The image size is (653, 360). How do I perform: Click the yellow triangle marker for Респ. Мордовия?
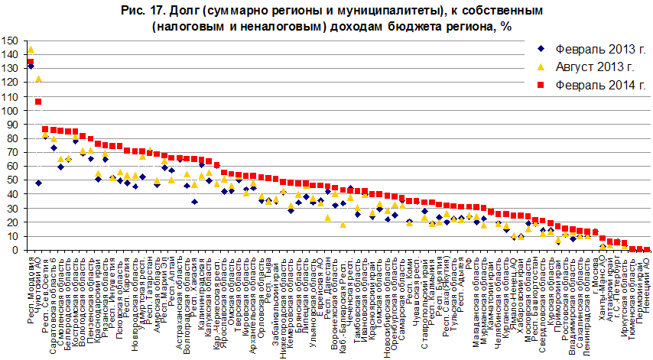pos(31,50)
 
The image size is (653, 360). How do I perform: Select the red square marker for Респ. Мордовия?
pos(31,62)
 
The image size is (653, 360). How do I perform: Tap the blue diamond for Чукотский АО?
pos(38,183)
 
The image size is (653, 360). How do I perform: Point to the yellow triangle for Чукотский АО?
pos(38,79)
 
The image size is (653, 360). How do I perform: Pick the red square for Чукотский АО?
pos(38,102)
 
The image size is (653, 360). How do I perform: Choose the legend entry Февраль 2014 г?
pos(592,84)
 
